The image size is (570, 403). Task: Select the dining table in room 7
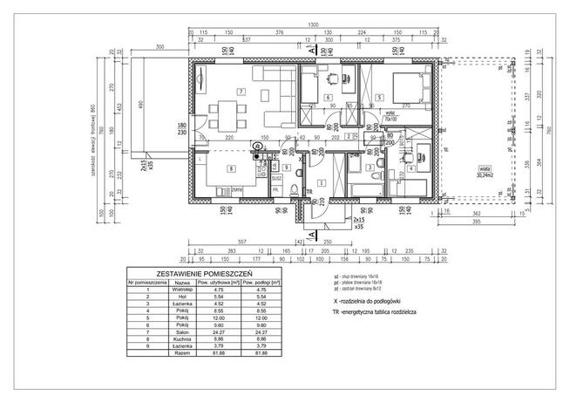227,113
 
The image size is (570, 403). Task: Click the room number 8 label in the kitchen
231,167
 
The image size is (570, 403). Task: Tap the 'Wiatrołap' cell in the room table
181,290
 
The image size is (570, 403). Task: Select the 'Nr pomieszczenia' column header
147,283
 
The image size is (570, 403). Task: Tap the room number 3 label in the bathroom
369,167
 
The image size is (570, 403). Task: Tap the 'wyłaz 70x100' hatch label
368,113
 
